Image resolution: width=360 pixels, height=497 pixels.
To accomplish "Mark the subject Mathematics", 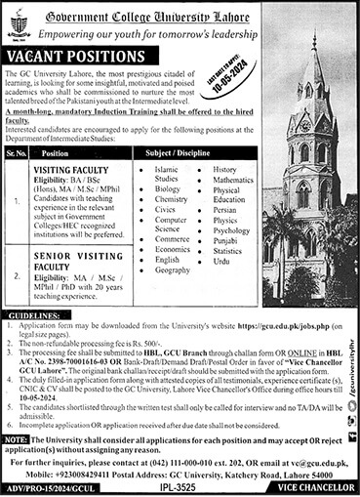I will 233,180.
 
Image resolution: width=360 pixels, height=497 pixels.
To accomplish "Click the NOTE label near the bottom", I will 16,440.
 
